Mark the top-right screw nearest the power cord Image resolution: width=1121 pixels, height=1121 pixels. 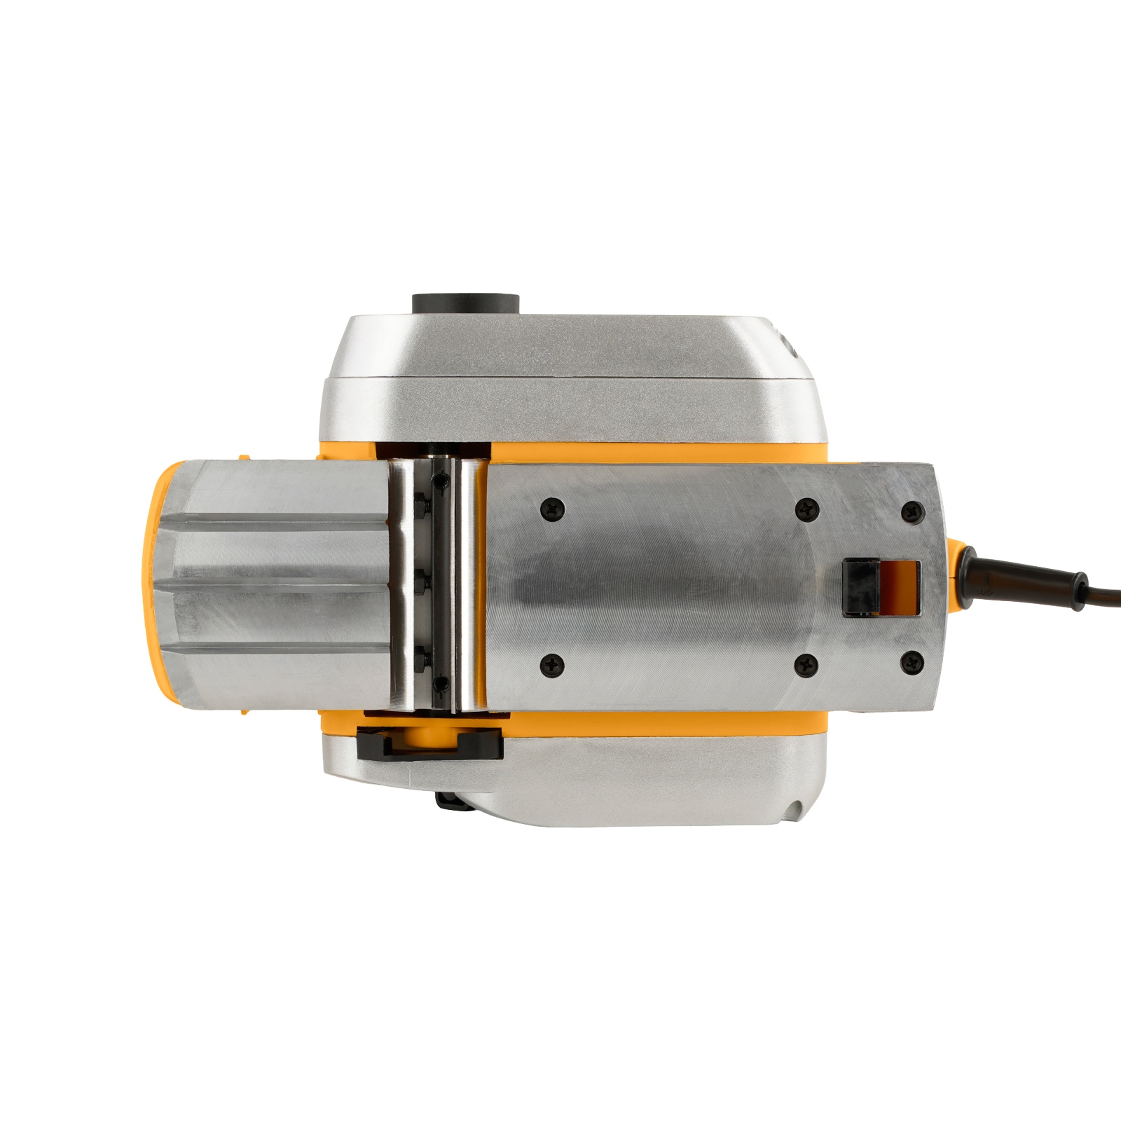pyautogui.click(x=912, y=510)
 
